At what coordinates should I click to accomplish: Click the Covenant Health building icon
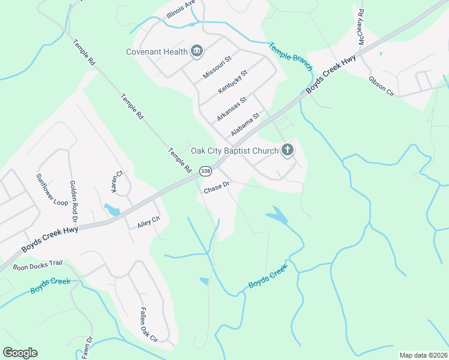[197, 52]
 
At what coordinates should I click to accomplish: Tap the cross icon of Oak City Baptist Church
[288, 150]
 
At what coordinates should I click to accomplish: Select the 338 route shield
[205, 171]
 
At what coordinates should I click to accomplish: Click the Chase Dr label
[217, 188]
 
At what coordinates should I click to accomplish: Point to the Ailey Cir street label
[149, 223]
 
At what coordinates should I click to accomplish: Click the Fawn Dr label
[87, 349]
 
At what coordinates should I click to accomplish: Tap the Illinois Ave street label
[181, 10]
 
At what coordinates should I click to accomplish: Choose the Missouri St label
[217, 67]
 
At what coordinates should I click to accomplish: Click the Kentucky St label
[233, 82]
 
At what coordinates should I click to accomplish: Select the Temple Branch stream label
[291, 53]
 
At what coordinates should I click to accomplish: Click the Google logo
[20, 352]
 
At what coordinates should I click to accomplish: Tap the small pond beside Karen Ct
[112, 209]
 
